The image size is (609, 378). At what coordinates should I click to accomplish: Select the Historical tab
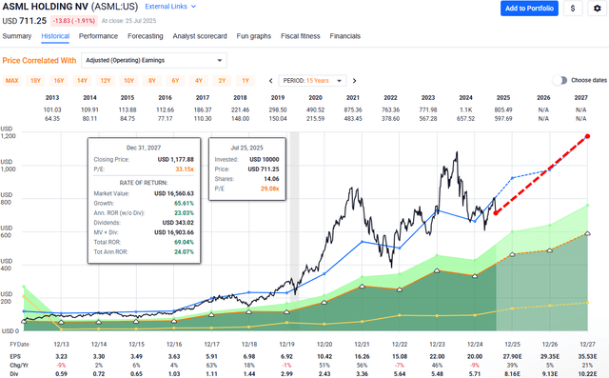pos(55,35)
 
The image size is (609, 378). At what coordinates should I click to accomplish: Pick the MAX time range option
pos(12,80)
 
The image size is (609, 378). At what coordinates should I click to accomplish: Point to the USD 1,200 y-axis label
pos(10,136)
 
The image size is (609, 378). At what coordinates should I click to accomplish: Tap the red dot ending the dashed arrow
pos(588,136)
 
